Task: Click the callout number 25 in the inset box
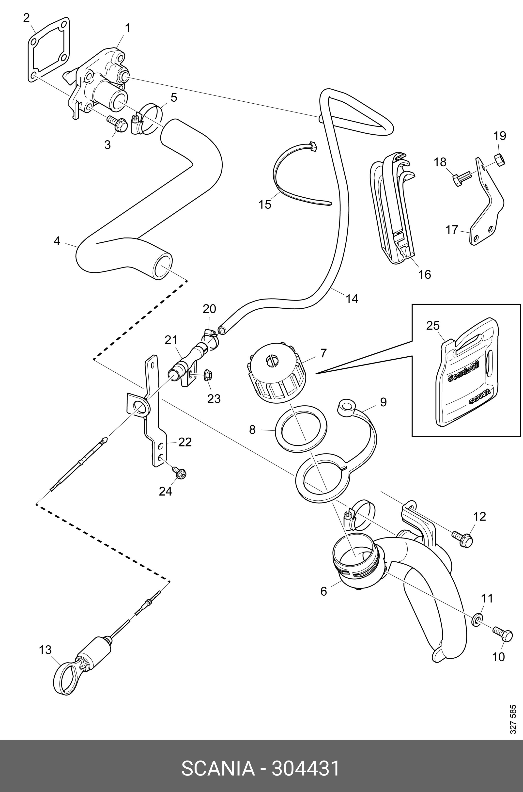pyautogui.click(x=433, y=325)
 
